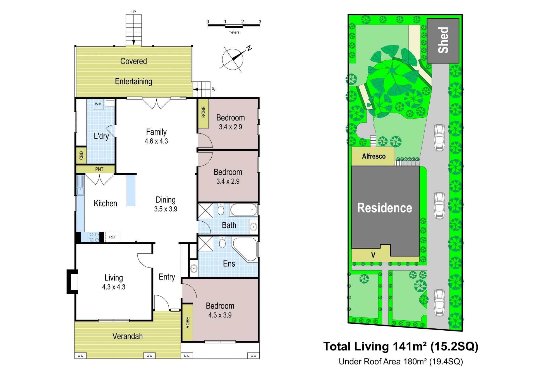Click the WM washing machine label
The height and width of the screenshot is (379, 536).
98,104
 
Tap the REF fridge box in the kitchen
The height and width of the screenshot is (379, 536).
113,237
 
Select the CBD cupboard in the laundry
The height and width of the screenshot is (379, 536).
81,155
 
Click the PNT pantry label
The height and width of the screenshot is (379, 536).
99,169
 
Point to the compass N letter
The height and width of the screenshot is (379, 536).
249,48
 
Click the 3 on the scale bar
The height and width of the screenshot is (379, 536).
260,22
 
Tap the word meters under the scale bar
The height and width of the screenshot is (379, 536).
234,32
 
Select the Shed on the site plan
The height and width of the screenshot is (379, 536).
443,41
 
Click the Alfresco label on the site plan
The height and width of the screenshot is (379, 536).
374,156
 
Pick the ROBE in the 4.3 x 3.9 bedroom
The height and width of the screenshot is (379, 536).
187,322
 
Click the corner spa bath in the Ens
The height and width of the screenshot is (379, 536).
245,250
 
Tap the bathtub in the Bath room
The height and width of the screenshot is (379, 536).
243,210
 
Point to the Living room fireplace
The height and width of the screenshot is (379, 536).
72,282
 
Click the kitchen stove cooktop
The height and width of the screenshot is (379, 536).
94,237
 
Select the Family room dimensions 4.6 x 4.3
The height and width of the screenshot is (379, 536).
156,141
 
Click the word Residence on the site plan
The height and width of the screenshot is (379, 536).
385,208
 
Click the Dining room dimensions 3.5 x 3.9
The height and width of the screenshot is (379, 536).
166,209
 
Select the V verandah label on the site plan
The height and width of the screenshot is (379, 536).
373,255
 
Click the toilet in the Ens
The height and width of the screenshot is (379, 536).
222,243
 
